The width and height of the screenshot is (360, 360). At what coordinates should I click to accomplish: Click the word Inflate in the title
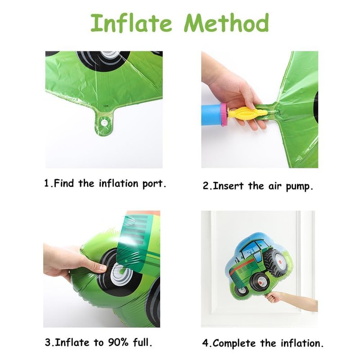[131, 22]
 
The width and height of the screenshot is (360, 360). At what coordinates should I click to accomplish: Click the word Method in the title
[226, 22]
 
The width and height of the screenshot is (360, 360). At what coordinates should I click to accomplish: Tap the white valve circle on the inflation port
[104, 123]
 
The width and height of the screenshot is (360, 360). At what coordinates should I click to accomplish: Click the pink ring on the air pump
[224, 115]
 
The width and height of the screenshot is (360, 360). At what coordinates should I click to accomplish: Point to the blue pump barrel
[211, 115]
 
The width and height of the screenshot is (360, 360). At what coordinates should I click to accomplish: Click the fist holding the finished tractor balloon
[273, 297]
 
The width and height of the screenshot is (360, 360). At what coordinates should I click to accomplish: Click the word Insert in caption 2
[228, 186]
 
